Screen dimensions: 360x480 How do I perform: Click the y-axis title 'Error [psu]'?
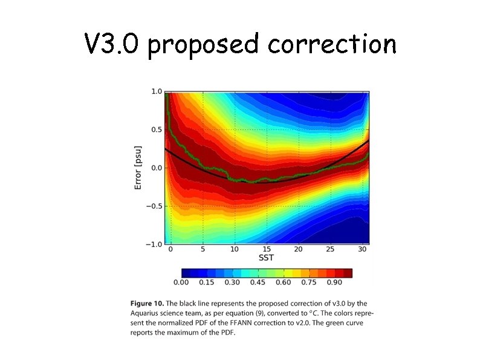click(138, 168)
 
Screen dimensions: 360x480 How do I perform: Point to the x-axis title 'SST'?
click(267, 258)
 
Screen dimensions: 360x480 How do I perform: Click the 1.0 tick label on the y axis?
click(156, 91)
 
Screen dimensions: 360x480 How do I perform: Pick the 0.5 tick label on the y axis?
click(156, 129)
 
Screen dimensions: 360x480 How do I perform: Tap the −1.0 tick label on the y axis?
click(154, 244)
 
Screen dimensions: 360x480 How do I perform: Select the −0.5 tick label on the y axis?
click(154, 206)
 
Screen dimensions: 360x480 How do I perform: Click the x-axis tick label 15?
click(267, 249)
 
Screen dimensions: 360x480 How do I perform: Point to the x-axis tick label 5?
click(203, 249)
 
